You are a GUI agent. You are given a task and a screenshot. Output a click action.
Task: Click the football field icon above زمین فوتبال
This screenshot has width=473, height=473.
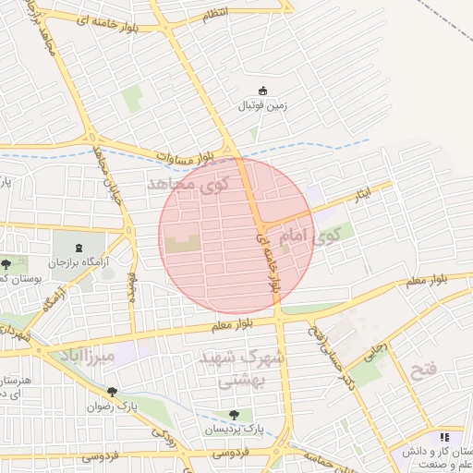tap(263, 91)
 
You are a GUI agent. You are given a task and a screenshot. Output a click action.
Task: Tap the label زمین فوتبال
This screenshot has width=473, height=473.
tap(264, 106)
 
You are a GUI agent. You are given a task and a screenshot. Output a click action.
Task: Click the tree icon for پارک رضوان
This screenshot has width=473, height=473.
tap(112, 391)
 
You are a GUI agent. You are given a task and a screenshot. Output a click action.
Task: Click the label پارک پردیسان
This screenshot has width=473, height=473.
tap(235, 431)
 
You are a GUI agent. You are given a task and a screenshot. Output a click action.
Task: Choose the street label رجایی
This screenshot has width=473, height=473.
tap(378, 353)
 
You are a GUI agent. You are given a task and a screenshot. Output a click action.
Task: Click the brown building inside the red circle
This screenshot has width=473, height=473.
tap(182, 244)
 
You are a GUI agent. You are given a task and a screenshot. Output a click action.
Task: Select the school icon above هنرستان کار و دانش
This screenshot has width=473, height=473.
tap(444, 437)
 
